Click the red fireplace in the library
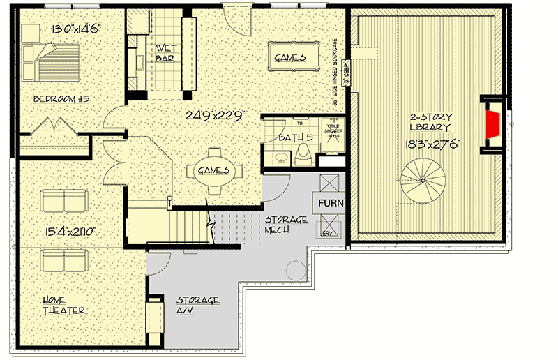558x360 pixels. pos(492,123)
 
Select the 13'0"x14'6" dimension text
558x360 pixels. pos(76,29)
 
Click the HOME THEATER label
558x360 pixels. pos(63,305)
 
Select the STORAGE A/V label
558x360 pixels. pos(197,305)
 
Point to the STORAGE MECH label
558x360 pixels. pos(285,225)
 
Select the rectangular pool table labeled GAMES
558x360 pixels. pos(289,58)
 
